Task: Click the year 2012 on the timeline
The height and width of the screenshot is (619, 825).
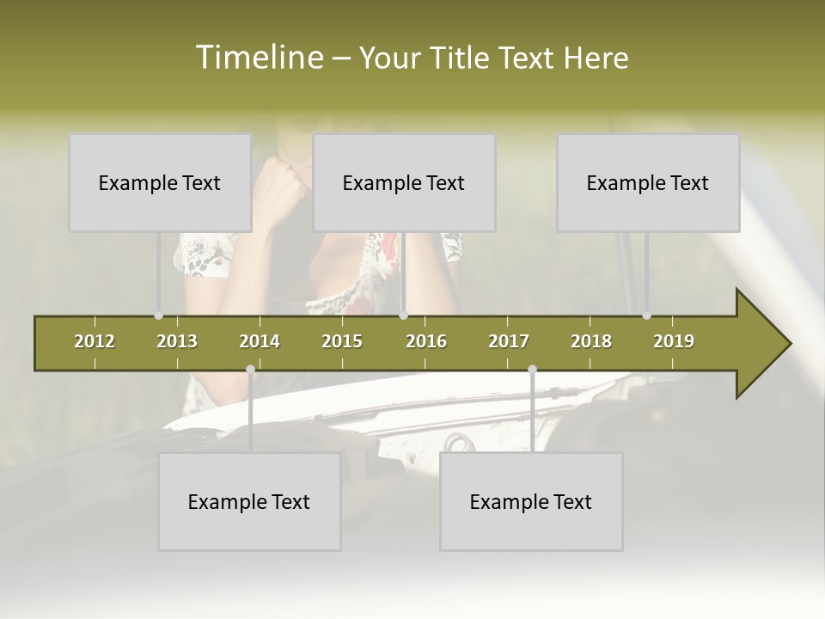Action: click(95, 341)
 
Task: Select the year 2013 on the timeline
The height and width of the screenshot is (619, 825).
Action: click(177, 341)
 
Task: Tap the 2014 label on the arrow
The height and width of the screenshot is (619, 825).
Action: click(260, 341)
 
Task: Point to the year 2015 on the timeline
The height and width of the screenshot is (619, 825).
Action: click(342, 341)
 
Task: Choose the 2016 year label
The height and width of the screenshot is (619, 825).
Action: click(426, 341)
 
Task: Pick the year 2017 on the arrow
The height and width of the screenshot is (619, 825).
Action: click(509, 341)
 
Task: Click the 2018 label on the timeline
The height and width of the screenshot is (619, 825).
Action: click(591, 341)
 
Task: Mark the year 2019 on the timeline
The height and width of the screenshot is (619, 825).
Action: click(674, 341)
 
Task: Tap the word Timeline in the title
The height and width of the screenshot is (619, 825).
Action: click(259, 58)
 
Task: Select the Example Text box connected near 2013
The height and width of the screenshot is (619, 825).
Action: click(160, 182)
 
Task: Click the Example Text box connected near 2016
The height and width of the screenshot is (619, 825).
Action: click(404, 182)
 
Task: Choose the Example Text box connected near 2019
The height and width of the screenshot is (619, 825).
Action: click(648, 182)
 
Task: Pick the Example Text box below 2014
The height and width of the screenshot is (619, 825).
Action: click(249, 501)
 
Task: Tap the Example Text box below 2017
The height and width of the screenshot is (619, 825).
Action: click(531, 501)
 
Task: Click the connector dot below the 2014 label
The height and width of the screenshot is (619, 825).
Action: click(250, 370)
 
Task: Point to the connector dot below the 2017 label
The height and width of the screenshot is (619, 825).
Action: click(532, 370)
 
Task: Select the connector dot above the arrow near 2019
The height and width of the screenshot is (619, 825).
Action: click(646, 316)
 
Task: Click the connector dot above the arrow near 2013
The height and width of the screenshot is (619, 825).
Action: click(158, 316)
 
